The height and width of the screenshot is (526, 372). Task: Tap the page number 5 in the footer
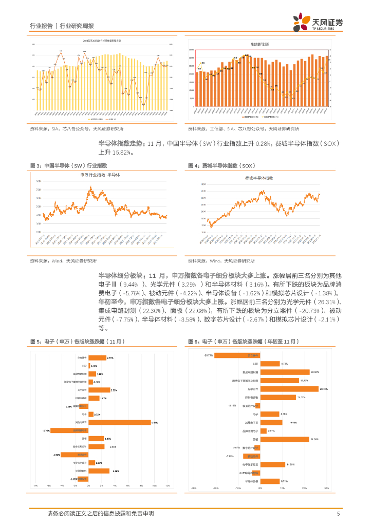(x=338, y=514)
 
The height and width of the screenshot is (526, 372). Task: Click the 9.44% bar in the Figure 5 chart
(x=119, y=422)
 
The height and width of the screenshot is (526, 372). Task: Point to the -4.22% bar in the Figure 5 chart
(x=75, y=455)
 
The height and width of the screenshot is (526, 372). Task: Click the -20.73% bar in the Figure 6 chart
(x=237, y=355)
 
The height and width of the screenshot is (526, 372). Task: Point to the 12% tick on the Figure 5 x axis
(x=168, y=485)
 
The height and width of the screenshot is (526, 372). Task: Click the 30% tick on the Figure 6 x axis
(x=326, y=489)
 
